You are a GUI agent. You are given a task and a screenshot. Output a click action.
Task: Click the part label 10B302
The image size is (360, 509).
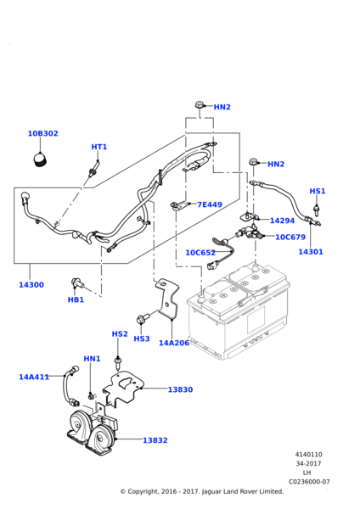43,133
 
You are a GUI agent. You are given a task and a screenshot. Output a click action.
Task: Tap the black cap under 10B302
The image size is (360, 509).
40,160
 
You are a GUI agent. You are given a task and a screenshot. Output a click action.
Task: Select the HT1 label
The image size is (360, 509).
99,147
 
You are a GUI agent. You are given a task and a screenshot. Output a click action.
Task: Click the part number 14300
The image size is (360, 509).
31,285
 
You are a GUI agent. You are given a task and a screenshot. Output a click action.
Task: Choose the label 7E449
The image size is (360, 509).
210,204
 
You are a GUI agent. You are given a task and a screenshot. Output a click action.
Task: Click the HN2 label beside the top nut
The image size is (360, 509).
222,107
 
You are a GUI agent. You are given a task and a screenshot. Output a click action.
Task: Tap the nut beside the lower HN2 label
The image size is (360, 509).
254,162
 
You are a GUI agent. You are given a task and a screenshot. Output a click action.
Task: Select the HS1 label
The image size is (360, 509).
318,191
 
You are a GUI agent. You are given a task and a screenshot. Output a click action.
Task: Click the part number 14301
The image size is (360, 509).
311,252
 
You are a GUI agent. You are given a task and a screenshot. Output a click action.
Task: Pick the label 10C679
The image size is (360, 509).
290,237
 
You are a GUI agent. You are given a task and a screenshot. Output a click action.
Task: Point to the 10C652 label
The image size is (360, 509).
200,253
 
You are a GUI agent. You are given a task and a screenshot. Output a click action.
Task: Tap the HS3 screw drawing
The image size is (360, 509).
143,318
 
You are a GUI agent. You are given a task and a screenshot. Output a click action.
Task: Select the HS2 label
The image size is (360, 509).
120,333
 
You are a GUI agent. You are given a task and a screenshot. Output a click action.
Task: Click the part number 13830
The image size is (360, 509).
180,389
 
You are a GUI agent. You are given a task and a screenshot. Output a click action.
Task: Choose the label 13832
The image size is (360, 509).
155,440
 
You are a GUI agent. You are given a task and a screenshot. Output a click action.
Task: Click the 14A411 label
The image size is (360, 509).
34,377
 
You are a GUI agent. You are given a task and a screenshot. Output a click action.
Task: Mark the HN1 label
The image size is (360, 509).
93,359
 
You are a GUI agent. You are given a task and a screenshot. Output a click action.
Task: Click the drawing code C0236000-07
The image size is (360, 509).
309,482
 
